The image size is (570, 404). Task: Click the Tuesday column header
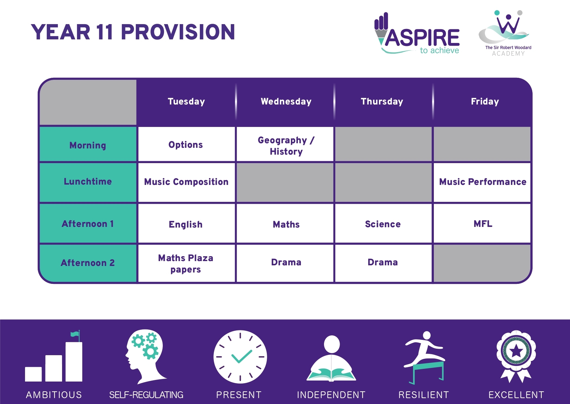point(186,102)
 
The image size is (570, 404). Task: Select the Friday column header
point(485,102)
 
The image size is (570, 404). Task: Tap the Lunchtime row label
point(88,181)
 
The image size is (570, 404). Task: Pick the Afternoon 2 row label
point(88,263)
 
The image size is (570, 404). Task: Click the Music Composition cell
point(186,182)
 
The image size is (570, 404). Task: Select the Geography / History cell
point(286,146)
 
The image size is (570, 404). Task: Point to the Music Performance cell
point(483,182)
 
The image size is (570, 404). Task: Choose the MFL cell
point(483,224)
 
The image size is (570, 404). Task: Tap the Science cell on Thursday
point(383,224)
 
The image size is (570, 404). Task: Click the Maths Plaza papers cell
point(186,264)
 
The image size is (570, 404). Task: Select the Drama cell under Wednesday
point(286,262)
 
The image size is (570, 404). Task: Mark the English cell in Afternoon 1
point(186,225)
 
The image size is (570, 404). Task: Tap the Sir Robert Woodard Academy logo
point(506,33)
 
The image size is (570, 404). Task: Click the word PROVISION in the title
point(178,32)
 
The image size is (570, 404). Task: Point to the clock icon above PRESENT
point(240,357)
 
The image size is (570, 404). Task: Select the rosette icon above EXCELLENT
point(516,356)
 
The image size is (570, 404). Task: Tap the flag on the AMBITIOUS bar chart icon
point(75,334)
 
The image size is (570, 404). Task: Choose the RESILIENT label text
point(424,395)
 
